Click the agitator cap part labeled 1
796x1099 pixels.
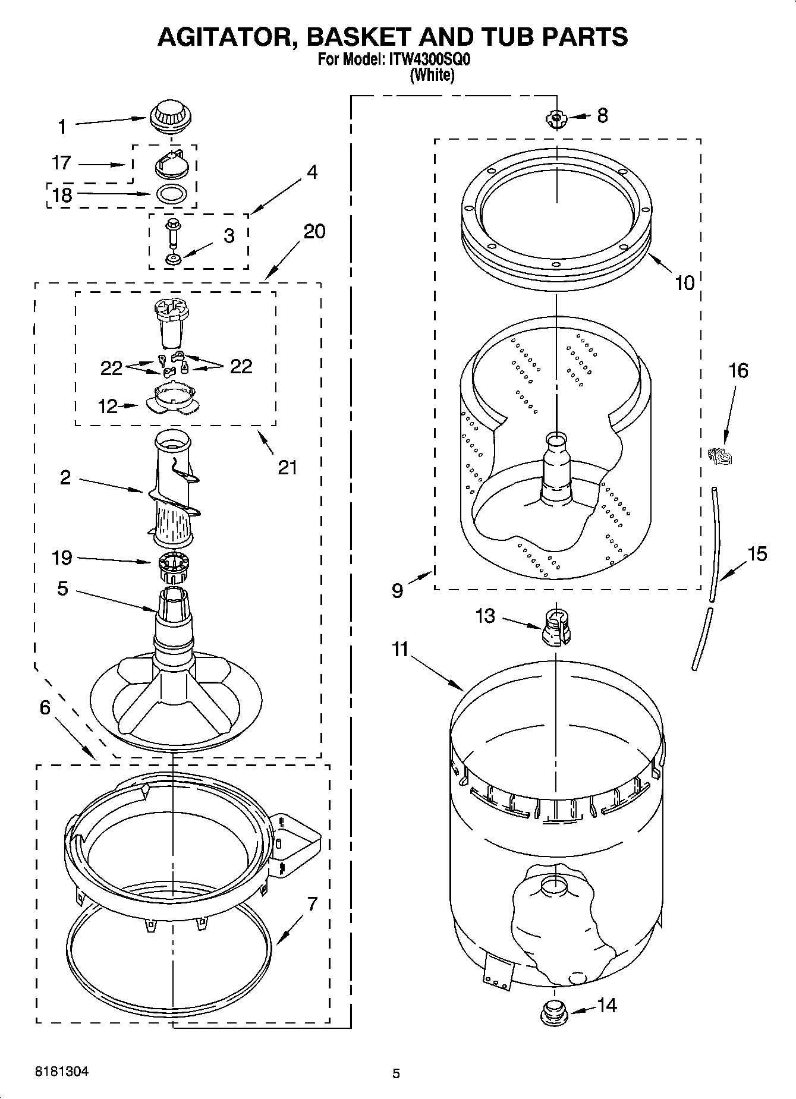(170, 115)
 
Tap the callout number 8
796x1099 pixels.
(602, 115)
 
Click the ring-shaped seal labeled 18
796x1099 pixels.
(171, 193)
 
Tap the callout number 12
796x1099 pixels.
(108, 406)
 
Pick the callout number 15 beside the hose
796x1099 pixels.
(757, 554)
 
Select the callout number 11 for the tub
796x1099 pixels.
(400, 649)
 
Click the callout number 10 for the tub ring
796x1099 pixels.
(684, 283)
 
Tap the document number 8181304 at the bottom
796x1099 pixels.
(62, 1072)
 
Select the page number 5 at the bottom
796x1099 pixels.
(396, 1073)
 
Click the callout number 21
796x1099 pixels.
(287, 468)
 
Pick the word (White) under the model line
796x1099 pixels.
(432, 75)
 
